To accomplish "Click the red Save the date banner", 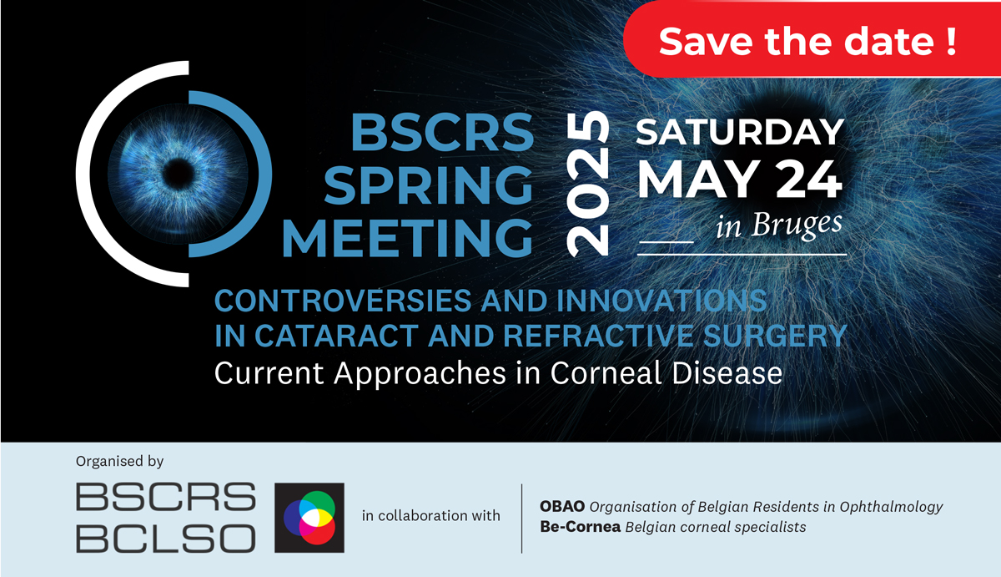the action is pos(812,39).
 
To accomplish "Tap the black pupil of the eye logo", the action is pos(179,174).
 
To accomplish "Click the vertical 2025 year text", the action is pos(587,184).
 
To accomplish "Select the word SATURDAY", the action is pos(740,132).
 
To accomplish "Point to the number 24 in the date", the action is pos(808,180).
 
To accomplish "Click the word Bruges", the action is pos(797,225).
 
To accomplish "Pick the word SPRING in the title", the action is pos(428,185).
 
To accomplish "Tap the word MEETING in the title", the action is pos(408,238).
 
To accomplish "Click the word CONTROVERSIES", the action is pos(343,300).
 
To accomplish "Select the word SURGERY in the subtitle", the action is pos(775,336).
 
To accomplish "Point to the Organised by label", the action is pos(120,461).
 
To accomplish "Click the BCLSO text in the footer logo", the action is pos(166,538).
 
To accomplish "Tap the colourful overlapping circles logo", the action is pos(309,518).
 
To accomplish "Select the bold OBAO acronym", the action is pos(562,506).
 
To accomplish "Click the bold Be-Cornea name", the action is pos(580,526).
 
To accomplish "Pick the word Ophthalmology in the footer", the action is pos(891,507).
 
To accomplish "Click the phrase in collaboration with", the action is pos(430,516).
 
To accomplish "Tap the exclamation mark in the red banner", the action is pos(952,42).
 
